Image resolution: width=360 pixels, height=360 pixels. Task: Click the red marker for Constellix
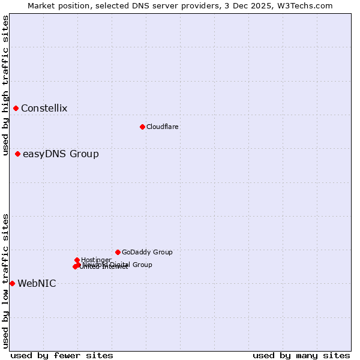pyautogui.click(x=16, y=108)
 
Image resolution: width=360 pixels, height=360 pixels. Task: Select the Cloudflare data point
pyautogui.click(x=142, y=127)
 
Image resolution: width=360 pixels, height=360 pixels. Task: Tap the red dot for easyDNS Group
pyautogui.click(x=18, y=154)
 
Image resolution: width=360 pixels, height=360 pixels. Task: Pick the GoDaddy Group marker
pyautogui.click(x=118, y=252)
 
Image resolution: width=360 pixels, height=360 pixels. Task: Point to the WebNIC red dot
pyautogui.click(x=13, y=283)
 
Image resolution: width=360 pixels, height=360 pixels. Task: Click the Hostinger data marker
pyautogui.click(x=77, y=260)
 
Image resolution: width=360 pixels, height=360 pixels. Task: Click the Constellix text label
pyautogui.click(x=44, y=109)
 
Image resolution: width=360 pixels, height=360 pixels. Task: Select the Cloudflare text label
pyautogui.click(x=162, y=127)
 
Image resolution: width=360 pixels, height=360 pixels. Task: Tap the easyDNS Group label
pyautogui.click(x=61, y=154)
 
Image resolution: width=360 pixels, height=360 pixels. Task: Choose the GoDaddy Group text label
pyautogui.click(x=147, y=252)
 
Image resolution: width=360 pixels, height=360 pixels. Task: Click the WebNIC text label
pyautogui.click(x=37, y=284)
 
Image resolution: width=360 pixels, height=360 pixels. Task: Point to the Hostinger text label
pyautogui.click(x=96, y=260)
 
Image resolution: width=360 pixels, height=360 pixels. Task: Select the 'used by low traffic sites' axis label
pyautogui.click(x=5, y=280)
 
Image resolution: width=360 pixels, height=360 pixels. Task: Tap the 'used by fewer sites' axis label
pyautogui.click(x=62, y=355)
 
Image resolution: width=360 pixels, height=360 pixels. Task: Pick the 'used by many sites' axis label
pyautogui.click(x=301, y=355)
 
